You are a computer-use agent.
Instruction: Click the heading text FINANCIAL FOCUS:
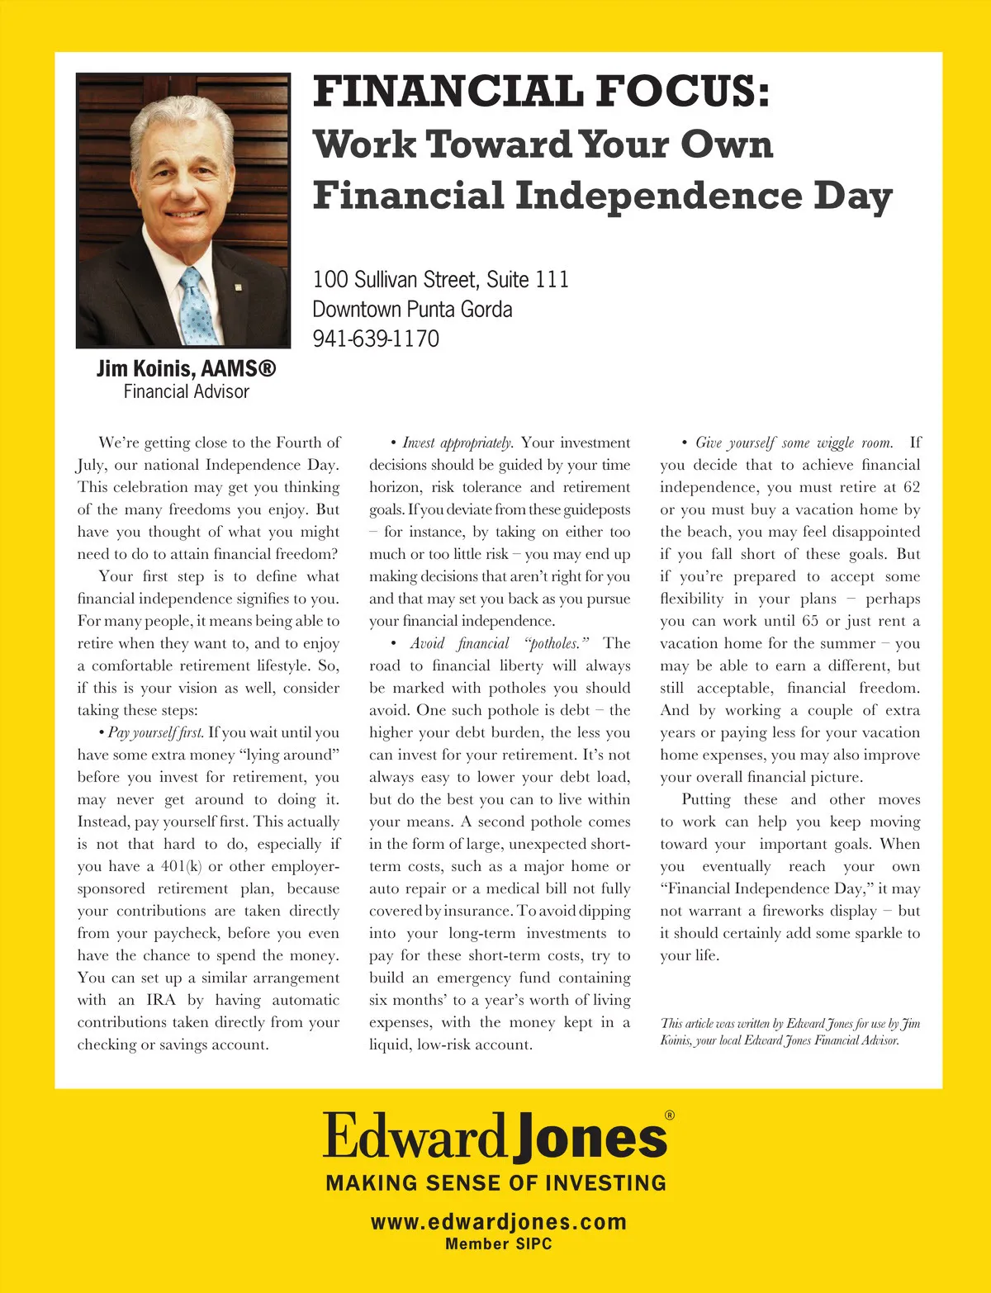[541, 92]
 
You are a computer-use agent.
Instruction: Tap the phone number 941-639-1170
[376, 339]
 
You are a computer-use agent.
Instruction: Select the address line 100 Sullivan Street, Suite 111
[440, 279]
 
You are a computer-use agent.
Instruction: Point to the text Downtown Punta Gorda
[412, 310]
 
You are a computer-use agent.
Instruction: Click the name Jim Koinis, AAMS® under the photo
[186, 368]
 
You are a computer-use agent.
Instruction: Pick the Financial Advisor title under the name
[186, 392]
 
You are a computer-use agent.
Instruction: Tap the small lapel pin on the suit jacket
[237, 287]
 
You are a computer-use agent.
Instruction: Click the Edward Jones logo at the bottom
[495, 1137]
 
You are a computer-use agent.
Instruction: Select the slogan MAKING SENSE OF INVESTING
[495, 1183]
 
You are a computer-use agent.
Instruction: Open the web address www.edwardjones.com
[498, 1222]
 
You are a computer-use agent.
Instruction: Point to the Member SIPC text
[498, 1243]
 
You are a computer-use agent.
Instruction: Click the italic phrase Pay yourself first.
[155, 732]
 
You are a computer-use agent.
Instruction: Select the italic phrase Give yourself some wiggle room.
[794, 443]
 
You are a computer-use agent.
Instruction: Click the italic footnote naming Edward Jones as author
[789, 1032]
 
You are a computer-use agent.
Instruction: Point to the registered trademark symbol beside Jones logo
[669, 1115]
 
